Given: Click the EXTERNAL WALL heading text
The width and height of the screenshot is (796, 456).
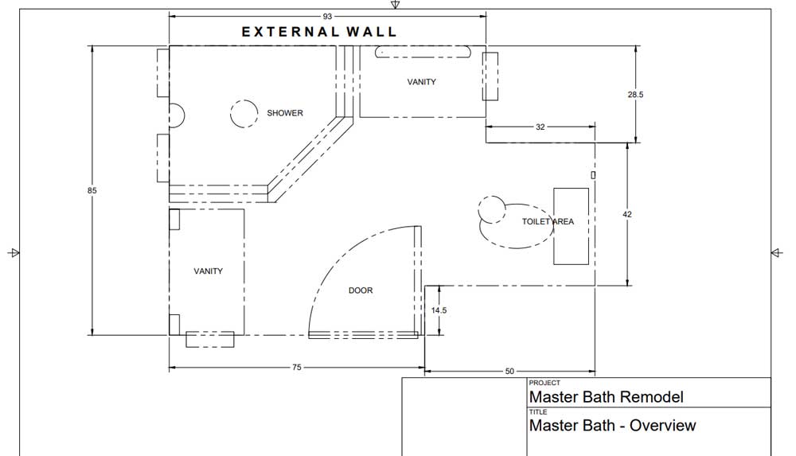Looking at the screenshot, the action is [x=319, y=32].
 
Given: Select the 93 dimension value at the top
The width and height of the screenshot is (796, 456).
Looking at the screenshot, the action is [x=327, y=16].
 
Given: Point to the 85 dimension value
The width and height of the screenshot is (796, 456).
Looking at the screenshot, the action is [x=92, y=190].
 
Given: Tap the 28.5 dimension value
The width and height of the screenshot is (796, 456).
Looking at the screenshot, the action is [x=635, y=95].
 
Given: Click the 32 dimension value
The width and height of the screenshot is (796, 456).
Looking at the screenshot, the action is [x=540, y=127].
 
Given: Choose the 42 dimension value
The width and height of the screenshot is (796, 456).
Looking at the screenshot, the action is [x=627, y=214].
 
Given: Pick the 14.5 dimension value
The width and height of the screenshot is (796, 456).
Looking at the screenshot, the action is [x=439, y=310].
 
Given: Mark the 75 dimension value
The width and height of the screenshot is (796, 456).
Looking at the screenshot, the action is [x=296, y=367].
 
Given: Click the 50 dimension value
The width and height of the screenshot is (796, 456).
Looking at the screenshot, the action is [x=509, y=371].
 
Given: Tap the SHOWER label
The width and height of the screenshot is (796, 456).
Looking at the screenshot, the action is [x=285, y=113].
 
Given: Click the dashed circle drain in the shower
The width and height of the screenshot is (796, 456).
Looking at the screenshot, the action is [x=244, y=113].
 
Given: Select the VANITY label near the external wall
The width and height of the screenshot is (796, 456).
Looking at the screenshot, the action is [x=421, y=82].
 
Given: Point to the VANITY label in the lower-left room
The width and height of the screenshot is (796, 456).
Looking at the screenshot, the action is [x=208, y=271].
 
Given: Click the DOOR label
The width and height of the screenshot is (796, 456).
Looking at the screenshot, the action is [x=361, y=290].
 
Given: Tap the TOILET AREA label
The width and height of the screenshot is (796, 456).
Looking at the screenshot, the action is [x=548, y=221].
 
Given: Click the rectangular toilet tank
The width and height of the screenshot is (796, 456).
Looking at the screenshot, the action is [x=571, y=226].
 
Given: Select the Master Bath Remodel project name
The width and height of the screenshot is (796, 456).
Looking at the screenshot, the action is [x=606, y=396].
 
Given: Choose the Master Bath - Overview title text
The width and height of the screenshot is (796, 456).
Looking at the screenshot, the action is [x=612, y=425].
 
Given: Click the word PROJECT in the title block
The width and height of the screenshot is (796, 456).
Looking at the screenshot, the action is [x=544, y=383].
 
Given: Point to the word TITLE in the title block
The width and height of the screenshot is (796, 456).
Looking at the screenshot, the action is [x=538, y=411].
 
